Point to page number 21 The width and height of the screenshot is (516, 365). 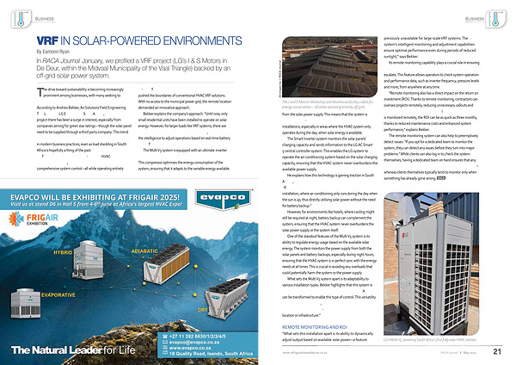pos(497,351)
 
